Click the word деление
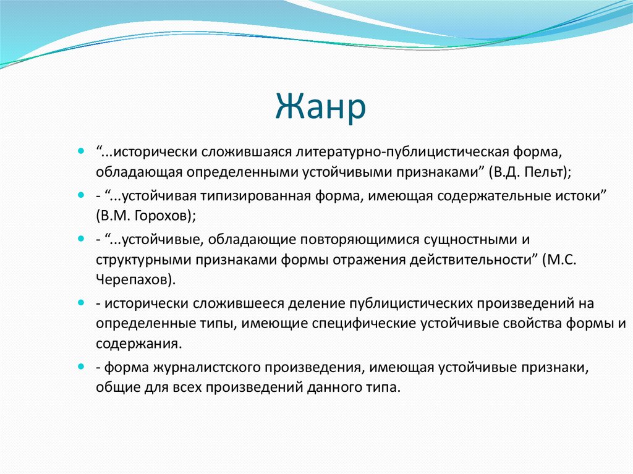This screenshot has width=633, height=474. coord(316,303)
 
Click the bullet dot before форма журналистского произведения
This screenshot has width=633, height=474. coord(82,368)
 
